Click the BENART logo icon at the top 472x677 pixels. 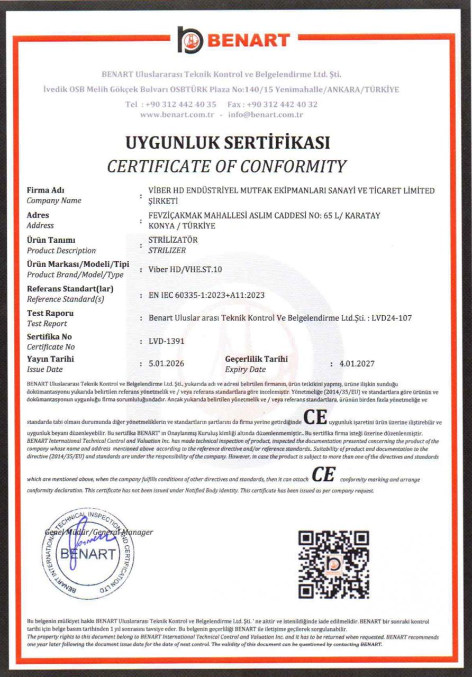coord(190,40)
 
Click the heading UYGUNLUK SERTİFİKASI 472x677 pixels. coord(227,143)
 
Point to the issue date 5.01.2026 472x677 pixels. coord(168,364)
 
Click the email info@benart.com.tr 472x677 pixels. coord(266,114)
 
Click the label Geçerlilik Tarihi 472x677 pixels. coord(256,359)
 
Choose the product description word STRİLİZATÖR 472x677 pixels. coord(174,240)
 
